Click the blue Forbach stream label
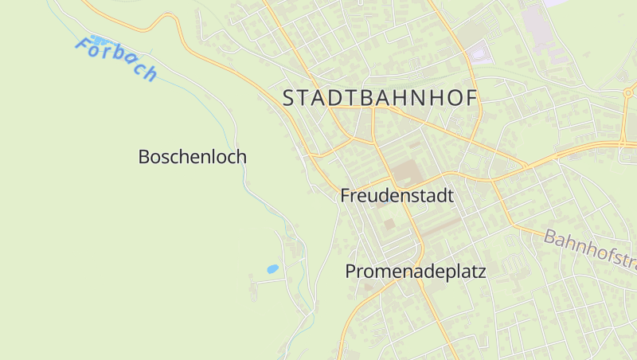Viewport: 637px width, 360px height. pyautogui.click(x=116, y=59)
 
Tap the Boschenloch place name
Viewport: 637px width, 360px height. pyautogui.click(x=192, y=157)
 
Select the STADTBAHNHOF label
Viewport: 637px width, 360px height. pyautogui.click(x=380, y=98)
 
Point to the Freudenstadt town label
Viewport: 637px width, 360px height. pyautogui.click(x=397, y=195)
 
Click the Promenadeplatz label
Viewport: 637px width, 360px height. pyautogui.click(x=415, y=272)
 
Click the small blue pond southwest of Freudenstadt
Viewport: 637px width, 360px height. pyautogui.click(x=272, y=269)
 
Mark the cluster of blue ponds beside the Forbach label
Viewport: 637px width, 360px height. pyautogui.click(x=99, y=38)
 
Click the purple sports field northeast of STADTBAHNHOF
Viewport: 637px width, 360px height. pyautogui.click(x=481, y=55)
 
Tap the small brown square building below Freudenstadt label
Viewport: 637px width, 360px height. pyautogui.click(x=389, y=225)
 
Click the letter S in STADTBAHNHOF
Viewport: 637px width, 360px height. pyautogui.click(x=290, y=98)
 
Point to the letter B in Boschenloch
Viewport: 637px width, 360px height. pyautogui.click(x=144, y=157)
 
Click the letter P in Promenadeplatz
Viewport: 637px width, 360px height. pyautogui.click(x=350, y=272)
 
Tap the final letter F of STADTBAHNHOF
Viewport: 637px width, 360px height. pyautogui.click(x=470, y=98)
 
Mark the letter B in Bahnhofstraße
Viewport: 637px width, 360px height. pyautogui.click(x=550, y=237)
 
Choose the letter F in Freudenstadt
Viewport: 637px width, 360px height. pyautogui.click(x=346, y=195)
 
